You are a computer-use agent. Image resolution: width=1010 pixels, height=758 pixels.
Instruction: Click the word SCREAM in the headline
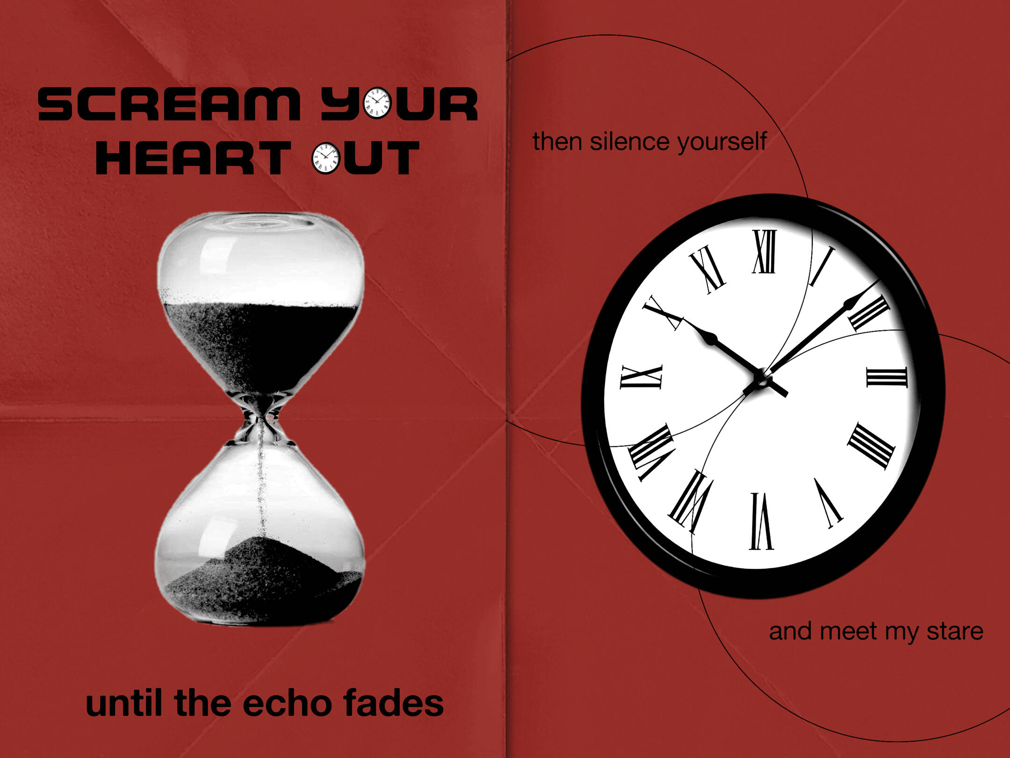pos(169,104)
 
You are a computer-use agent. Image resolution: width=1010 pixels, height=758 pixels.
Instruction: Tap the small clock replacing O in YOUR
pos(377,103)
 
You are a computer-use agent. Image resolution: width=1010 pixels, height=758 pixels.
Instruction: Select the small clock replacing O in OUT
pos(325,158)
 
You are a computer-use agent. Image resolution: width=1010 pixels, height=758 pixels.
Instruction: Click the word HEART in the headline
pos(193,158)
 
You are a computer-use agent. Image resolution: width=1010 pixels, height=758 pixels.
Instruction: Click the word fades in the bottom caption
pos(393,703)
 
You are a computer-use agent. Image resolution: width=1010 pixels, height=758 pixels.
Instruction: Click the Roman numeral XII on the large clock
pos(765,251)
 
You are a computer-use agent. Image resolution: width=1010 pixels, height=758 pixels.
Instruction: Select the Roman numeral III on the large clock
pos(887,377)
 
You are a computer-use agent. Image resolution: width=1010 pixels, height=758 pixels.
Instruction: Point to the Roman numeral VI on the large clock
pos(761,521)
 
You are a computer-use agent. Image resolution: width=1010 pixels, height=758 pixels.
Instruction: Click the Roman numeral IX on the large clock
pos(641,377)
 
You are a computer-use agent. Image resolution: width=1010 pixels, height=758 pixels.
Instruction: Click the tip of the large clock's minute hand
pos(879,280)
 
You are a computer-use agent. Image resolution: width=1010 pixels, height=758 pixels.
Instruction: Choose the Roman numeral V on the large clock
pos(829,503)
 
